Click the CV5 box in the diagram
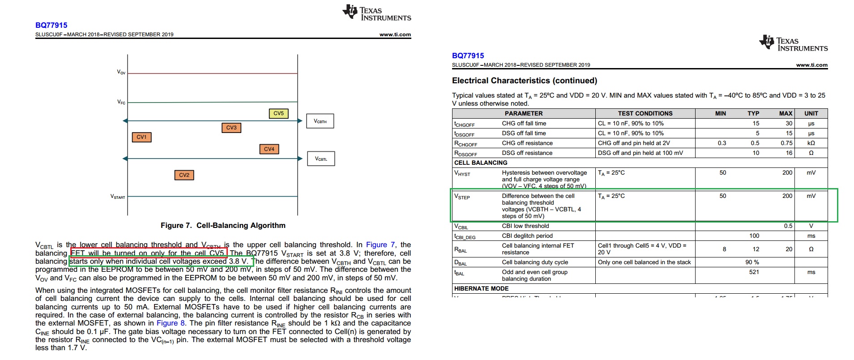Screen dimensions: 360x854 [278, 114]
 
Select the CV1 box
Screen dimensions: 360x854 [141, 137]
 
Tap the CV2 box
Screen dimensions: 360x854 [184, 175]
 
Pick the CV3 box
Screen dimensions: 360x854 [231, 128]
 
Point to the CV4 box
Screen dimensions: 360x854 [269, 149]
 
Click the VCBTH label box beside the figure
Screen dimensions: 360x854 [320, 121]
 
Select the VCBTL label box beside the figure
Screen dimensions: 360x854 [321, 159]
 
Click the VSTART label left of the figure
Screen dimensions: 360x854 [118, 197]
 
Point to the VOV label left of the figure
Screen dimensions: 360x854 [121, 72]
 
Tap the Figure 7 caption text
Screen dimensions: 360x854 [223, 225]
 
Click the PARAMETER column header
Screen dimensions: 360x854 [523, 113]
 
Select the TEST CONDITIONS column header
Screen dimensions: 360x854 [645, 113]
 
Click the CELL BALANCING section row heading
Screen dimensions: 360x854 [481, 163]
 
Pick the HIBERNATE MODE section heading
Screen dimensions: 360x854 [481, 288]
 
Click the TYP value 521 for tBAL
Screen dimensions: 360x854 [754, 272]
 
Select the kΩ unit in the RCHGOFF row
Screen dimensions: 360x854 [811, 143]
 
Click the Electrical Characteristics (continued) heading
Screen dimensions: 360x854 [524, 81]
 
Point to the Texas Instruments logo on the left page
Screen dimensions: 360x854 [377, 13]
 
